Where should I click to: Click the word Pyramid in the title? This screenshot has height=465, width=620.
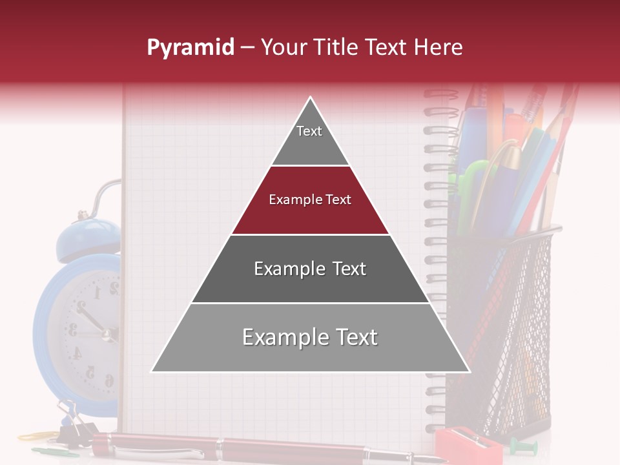[x=190, y=48]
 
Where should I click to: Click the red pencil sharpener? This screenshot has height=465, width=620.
[x=468, y=445]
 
